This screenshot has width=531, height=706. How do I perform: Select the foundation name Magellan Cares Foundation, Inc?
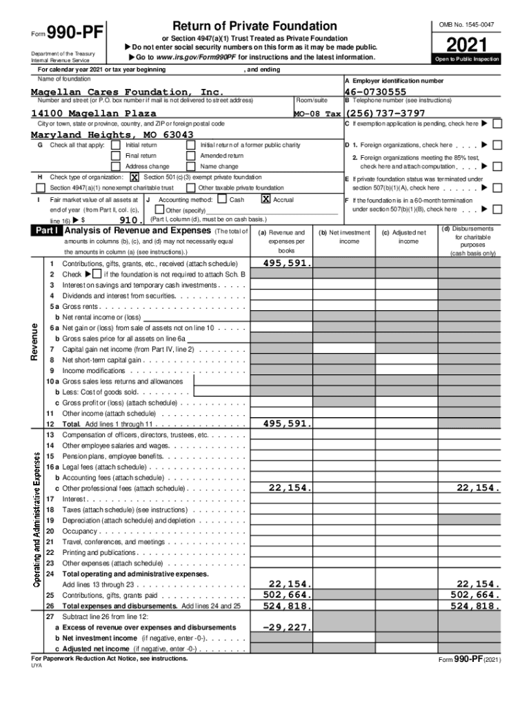(x=128, y=92)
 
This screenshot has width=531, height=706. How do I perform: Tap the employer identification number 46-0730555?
(x=376, y=92)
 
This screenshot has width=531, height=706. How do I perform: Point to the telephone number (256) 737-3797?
(x=385, y=113)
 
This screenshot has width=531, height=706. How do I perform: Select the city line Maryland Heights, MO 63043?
(x=112, y=134)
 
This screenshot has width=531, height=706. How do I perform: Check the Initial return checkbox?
(x=115, y=145)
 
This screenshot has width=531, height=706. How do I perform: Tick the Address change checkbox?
(x=115, y=167)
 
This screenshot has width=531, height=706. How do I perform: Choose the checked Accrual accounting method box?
(x=265, y=199)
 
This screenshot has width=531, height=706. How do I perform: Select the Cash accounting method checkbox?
(x=221, y=199)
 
